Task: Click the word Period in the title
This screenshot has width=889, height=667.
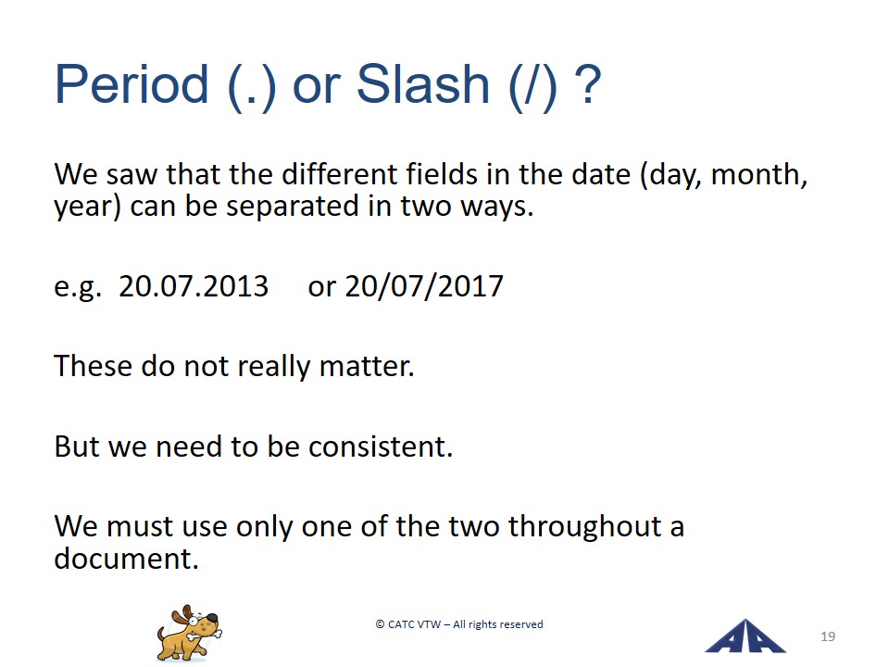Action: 131,84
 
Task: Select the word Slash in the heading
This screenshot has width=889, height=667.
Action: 423,84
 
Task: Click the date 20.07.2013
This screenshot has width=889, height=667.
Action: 194,286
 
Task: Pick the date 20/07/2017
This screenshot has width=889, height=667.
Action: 424,286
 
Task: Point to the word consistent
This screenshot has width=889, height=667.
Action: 381,447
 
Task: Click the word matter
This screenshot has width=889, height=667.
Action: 367,367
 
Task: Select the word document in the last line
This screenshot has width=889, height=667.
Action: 126,559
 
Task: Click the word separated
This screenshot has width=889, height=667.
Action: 293,206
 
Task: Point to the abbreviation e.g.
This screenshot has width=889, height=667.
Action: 78,287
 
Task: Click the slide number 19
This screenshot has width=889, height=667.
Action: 828,636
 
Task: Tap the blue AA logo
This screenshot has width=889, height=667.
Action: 745,636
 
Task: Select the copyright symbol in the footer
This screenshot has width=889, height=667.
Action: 380,624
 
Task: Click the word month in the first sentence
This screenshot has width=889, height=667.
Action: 759,174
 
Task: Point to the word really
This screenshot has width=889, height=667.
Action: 273,367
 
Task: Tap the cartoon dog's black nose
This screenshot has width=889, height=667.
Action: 211,617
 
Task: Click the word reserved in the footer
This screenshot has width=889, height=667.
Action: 521,624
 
